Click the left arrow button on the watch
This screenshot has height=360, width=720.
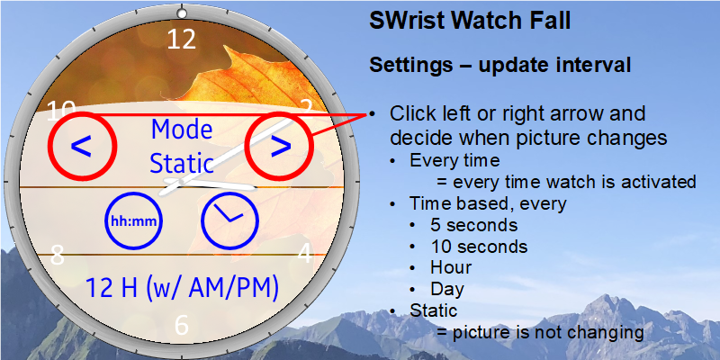point(81,147)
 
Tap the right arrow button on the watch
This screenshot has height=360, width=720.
point(280,146)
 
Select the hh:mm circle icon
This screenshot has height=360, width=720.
point(134,220)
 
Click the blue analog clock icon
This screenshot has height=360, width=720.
point(230,220)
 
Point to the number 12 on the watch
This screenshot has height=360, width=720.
point(182,40)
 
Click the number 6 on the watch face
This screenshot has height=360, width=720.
point(182,325)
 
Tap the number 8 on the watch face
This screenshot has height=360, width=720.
point(57,255)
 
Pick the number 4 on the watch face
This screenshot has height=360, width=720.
point(305,253)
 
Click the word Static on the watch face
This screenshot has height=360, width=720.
point(182,164)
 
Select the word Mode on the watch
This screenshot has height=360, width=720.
point(182,130)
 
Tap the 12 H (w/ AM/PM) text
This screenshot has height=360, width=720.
point(183,288)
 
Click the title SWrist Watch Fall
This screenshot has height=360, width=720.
point(470,21)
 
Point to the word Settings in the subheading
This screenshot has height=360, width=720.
point(411,65)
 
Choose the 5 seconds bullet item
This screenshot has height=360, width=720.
point(474,225)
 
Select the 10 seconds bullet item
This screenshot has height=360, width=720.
point(479,247)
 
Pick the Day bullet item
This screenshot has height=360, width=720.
point(447,289)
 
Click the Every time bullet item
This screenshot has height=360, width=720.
point(454,161)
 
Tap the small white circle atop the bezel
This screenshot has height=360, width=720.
point(182,13)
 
